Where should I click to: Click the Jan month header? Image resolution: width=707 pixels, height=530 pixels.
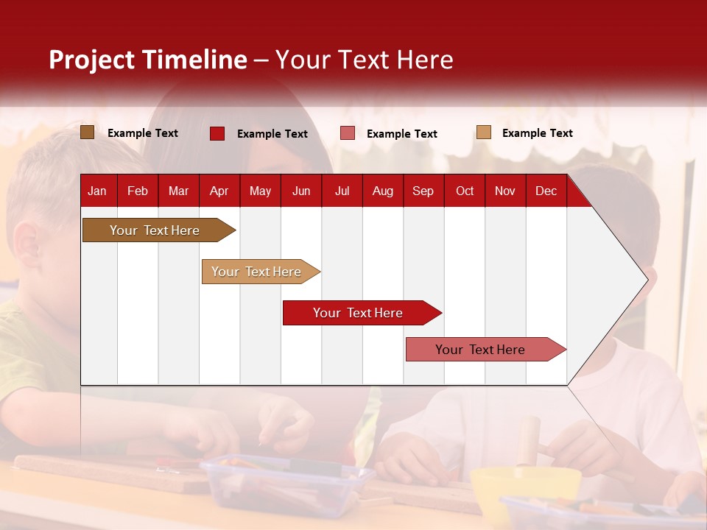(97, 191)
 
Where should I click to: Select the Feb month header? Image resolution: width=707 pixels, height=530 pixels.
(138, 191)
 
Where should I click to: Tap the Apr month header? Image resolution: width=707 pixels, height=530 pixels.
(219, 191)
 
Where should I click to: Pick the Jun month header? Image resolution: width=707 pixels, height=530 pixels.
(301, 191)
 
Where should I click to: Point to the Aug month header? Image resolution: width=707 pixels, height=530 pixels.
(383, 191)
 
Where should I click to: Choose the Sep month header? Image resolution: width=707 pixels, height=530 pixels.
(423, 191)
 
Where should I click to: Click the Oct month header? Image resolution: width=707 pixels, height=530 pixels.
(465, 191)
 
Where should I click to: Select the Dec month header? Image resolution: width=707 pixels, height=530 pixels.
(546, 191)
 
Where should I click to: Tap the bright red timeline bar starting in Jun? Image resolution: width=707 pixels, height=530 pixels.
(359, 313)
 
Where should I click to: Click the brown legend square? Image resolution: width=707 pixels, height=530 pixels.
(87, 132)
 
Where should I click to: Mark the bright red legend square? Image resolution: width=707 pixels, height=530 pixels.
(217, 133)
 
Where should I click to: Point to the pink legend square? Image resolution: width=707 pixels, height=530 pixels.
(348, 133)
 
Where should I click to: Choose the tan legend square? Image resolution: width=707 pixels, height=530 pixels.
(483, 132)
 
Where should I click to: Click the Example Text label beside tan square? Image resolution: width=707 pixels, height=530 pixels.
(537, 133)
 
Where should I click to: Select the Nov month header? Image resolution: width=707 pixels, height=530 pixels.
(505, 191)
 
